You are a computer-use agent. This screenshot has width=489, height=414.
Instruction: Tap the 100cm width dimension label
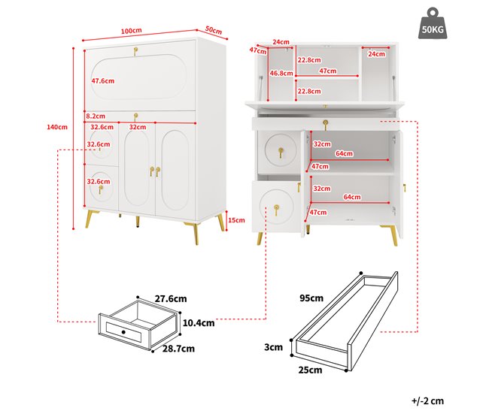click(132, 31)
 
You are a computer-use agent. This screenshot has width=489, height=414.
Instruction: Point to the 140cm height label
click(57, 127)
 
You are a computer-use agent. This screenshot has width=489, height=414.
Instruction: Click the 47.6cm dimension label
click(102, 80)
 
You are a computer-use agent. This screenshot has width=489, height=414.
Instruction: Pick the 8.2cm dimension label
click(96, 116)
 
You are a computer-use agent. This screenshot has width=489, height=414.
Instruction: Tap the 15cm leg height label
click(236, 220)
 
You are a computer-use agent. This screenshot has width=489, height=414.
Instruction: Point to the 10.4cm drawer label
click(199, 323)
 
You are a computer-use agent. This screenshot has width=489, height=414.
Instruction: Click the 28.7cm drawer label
click(179, 349)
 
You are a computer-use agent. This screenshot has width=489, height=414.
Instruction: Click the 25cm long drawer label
click(309, 370)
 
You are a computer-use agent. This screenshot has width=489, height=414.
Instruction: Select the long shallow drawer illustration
click(345, 323)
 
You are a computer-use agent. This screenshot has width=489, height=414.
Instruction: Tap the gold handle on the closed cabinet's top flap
click(136, 52)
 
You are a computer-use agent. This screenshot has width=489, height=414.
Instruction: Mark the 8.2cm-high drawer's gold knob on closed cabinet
click(136, 116)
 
